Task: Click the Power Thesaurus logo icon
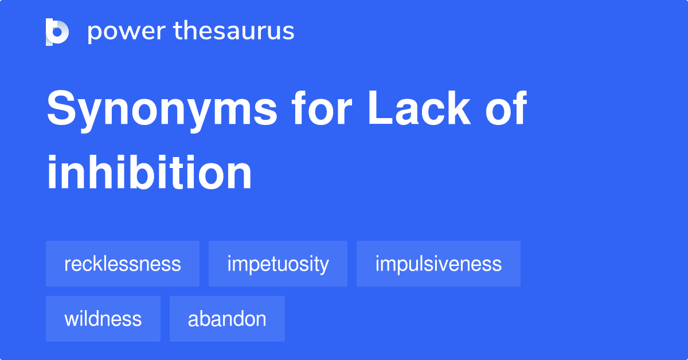tap(57, 32)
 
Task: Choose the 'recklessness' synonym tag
tap(123, 264)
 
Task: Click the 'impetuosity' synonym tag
tap(278, 264)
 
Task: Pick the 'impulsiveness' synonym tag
tap(439, 264)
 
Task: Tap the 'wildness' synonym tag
tap(103, 319)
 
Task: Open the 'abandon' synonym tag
tap(227, 319)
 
